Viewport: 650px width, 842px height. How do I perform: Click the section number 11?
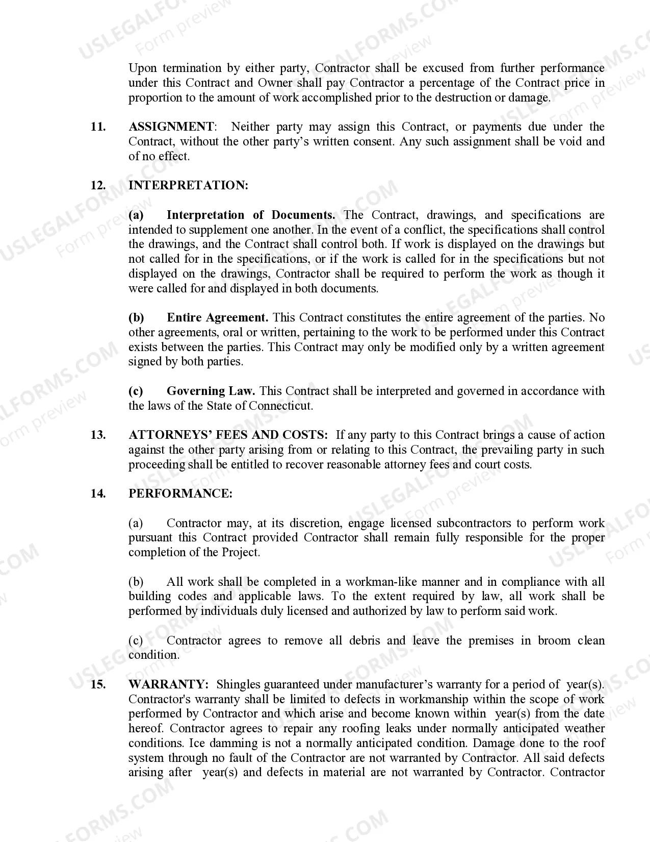tap(98, 127)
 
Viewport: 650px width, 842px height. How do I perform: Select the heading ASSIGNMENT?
tap(171, 127)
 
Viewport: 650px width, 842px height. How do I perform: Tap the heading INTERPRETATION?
tap(188, 185)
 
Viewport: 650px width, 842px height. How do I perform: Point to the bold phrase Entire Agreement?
tap(217, 317)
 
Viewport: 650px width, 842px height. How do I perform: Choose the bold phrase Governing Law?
tap(211, 391)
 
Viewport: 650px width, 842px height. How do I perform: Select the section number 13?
tap(98, 435)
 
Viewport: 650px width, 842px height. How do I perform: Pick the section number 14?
tap(98, 493)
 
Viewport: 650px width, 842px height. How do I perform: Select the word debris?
tap(365, 640)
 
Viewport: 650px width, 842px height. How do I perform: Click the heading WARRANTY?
tap(168, 684)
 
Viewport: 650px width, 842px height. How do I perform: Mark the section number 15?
tap(98, 684)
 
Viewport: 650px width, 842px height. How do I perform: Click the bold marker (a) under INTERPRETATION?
tap(136, 215)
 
